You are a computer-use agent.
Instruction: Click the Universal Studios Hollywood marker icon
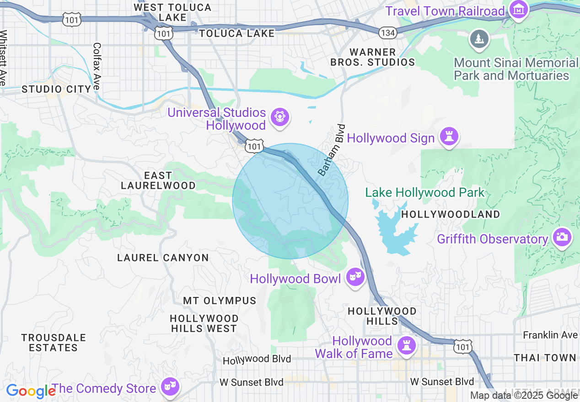pyautogui.click(x=279, y=117)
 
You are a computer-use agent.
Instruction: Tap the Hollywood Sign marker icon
pyautogui.click(x=449, y=136)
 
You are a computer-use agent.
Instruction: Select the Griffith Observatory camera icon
pyautogui.click(x=562, y=237)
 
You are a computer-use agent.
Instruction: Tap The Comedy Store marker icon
pyautogui.click(x=170, y=386)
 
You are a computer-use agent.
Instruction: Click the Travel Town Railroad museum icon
pyautogui.click(x=519, y=10)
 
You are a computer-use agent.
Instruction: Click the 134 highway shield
pyautogui.click(x=387, y=32)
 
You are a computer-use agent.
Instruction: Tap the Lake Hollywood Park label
pyautogui.click(x=424, y=193)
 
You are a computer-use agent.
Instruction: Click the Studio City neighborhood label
pyautogui.click(x=57, y=89)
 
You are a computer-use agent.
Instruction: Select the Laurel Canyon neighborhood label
pyautogui.click(x=163, y=258)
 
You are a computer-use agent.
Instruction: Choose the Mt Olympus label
pyautogui.click(x=220, y=301)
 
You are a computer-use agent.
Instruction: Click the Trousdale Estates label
pyautogui.click(x=54, y=343)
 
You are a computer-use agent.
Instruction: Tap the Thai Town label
pyautogui.click(x=544, y=358)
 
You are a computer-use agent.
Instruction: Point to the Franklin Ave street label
pyautogui.click(x=550, y=335)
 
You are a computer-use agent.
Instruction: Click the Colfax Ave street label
pyautogui.click(x=97, y=66)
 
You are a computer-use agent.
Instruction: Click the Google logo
pyautogui.click(x=31, y=391)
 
